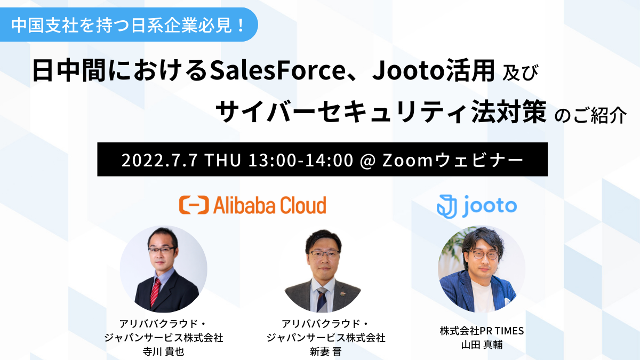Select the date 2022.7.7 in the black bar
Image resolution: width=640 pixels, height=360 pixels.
159,160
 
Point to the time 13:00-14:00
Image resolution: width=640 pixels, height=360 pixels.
301,160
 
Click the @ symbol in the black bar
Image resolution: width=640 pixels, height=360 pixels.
368,161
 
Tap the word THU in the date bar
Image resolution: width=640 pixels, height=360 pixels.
223,160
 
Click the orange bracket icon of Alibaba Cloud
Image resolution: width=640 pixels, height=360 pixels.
194,205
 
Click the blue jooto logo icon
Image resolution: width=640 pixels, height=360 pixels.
446,206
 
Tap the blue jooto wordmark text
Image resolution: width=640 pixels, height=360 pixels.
489,206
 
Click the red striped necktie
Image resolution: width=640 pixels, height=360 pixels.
155,292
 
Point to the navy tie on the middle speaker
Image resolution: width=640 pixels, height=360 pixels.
322,299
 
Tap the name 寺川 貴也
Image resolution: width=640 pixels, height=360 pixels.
163,351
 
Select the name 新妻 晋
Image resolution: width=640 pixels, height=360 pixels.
326,351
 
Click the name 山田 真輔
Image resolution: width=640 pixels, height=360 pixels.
482,345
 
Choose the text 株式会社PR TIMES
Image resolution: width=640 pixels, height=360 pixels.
482,331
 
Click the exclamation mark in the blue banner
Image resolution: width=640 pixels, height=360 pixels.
241,25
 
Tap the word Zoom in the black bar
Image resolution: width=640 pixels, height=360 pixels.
407,160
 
